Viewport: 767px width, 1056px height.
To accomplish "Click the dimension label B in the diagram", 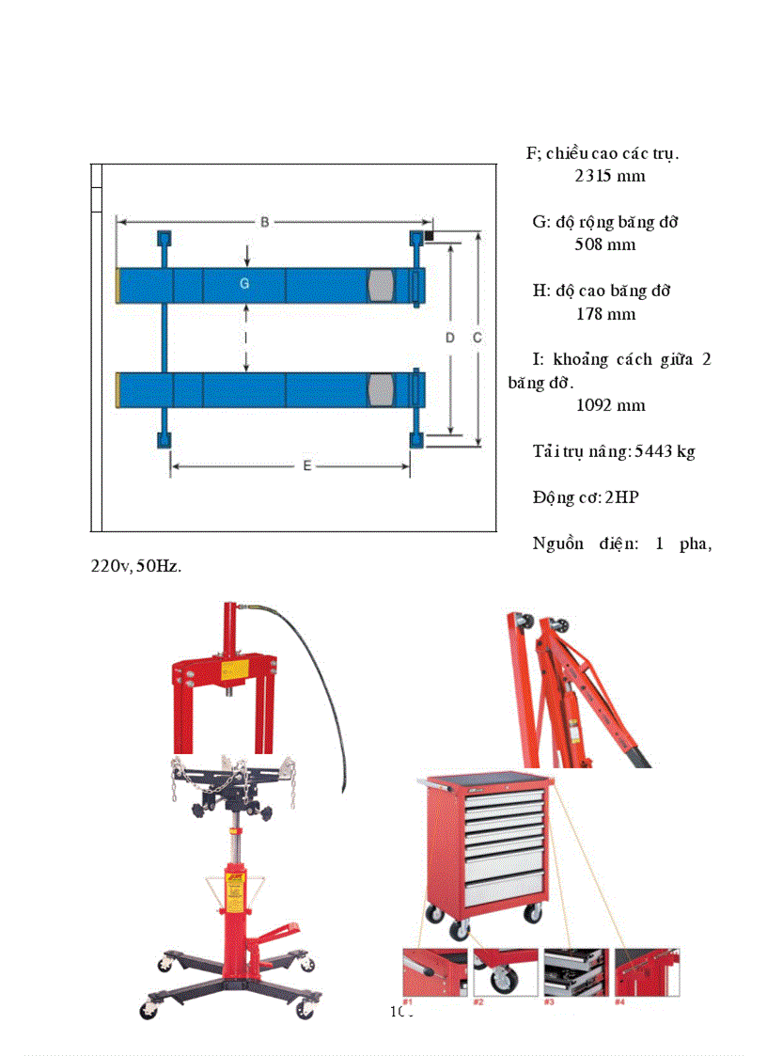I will click(x=265, y=222).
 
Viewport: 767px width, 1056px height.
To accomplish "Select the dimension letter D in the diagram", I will click(x=450, y=338).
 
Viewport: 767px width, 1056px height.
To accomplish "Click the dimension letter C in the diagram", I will click(x=477, y=338).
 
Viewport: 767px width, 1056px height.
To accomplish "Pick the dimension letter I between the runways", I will click(x=245, y=336).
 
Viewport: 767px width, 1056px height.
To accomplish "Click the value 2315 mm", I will click(x=609, y=176).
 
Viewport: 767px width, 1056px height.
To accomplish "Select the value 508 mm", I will click(x=604, y=244).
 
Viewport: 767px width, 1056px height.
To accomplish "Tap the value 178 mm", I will click(x=605, y=314).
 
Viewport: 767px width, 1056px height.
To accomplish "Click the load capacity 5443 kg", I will click(x=665, y=451).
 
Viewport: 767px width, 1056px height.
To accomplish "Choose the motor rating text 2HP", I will click(x=621, y=497).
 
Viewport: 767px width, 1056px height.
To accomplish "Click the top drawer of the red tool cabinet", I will click(x=508, y=797).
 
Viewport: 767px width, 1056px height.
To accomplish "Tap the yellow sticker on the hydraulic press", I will click(x=232, y=669).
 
